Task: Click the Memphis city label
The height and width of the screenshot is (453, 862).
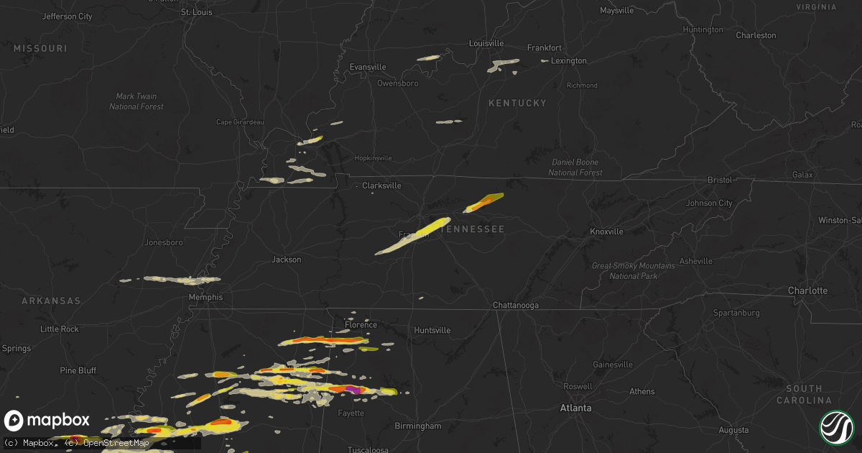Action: point(206,297)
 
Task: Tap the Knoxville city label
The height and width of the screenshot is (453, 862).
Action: point(606,232)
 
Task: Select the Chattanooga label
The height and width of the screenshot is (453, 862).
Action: point(515,306)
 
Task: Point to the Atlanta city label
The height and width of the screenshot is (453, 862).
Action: point(575,408)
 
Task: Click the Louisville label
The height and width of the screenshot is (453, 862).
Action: point(487,43)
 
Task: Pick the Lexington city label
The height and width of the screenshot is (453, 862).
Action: point(568,61)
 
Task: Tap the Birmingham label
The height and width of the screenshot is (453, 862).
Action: point(417,426)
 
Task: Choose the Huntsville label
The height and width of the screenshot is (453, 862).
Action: point(432,330)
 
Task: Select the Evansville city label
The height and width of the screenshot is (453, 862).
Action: point(368,67)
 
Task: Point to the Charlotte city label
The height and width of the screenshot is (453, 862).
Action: point(807,291)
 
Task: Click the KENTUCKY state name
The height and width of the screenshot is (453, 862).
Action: point(517,104)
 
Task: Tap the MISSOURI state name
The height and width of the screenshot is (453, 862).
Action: point(40,48)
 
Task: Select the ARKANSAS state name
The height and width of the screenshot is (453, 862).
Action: point(51,301)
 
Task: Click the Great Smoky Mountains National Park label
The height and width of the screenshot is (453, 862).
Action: point(624,271)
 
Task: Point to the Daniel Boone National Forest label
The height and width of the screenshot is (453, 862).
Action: point(575,168)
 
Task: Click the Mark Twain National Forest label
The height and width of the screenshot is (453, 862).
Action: point(136,101)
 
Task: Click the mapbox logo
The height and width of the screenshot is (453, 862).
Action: point(47,421)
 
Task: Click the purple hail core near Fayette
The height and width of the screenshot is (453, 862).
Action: point(353,388)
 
